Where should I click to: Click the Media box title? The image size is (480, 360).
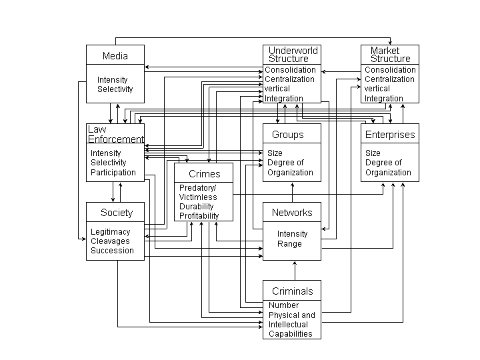115,56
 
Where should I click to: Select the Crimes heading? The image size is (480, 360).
205,173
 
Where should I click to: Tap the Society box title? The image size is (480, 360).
117,213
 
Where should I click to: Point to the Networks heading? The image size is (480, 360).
292,213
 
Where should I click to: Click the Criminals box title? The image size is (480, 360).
293,291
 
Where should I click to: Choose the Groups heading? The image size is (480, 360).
288,135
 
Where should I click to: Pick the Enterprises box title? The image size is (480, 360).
390,135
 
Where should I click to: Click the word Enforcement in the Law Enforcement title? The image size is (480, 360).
116,139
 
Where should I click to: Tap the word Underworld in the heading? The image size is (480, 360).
293,50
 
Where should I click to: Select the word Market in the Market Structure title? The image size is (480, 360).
385,50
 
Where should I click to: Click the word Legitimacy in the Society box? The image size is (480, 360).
111,232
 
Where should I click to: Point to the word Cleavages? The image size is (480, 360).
110,241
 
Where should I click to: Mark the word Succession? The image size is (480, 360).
113,251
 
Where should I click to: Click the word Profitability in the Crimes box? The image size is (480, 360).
199,216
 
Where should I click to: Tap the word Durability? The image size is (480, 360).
196,206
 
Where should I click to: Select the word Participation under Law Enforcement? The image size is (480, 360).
113,173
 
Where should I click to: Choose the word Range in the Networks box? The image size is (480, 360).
289,244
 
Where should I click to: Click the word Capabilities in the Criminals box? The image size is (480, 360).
291,334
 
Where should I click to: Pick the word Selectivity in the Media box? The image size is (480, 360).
115,89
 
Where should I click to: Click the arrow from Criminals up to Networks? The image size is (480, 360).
295,271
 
